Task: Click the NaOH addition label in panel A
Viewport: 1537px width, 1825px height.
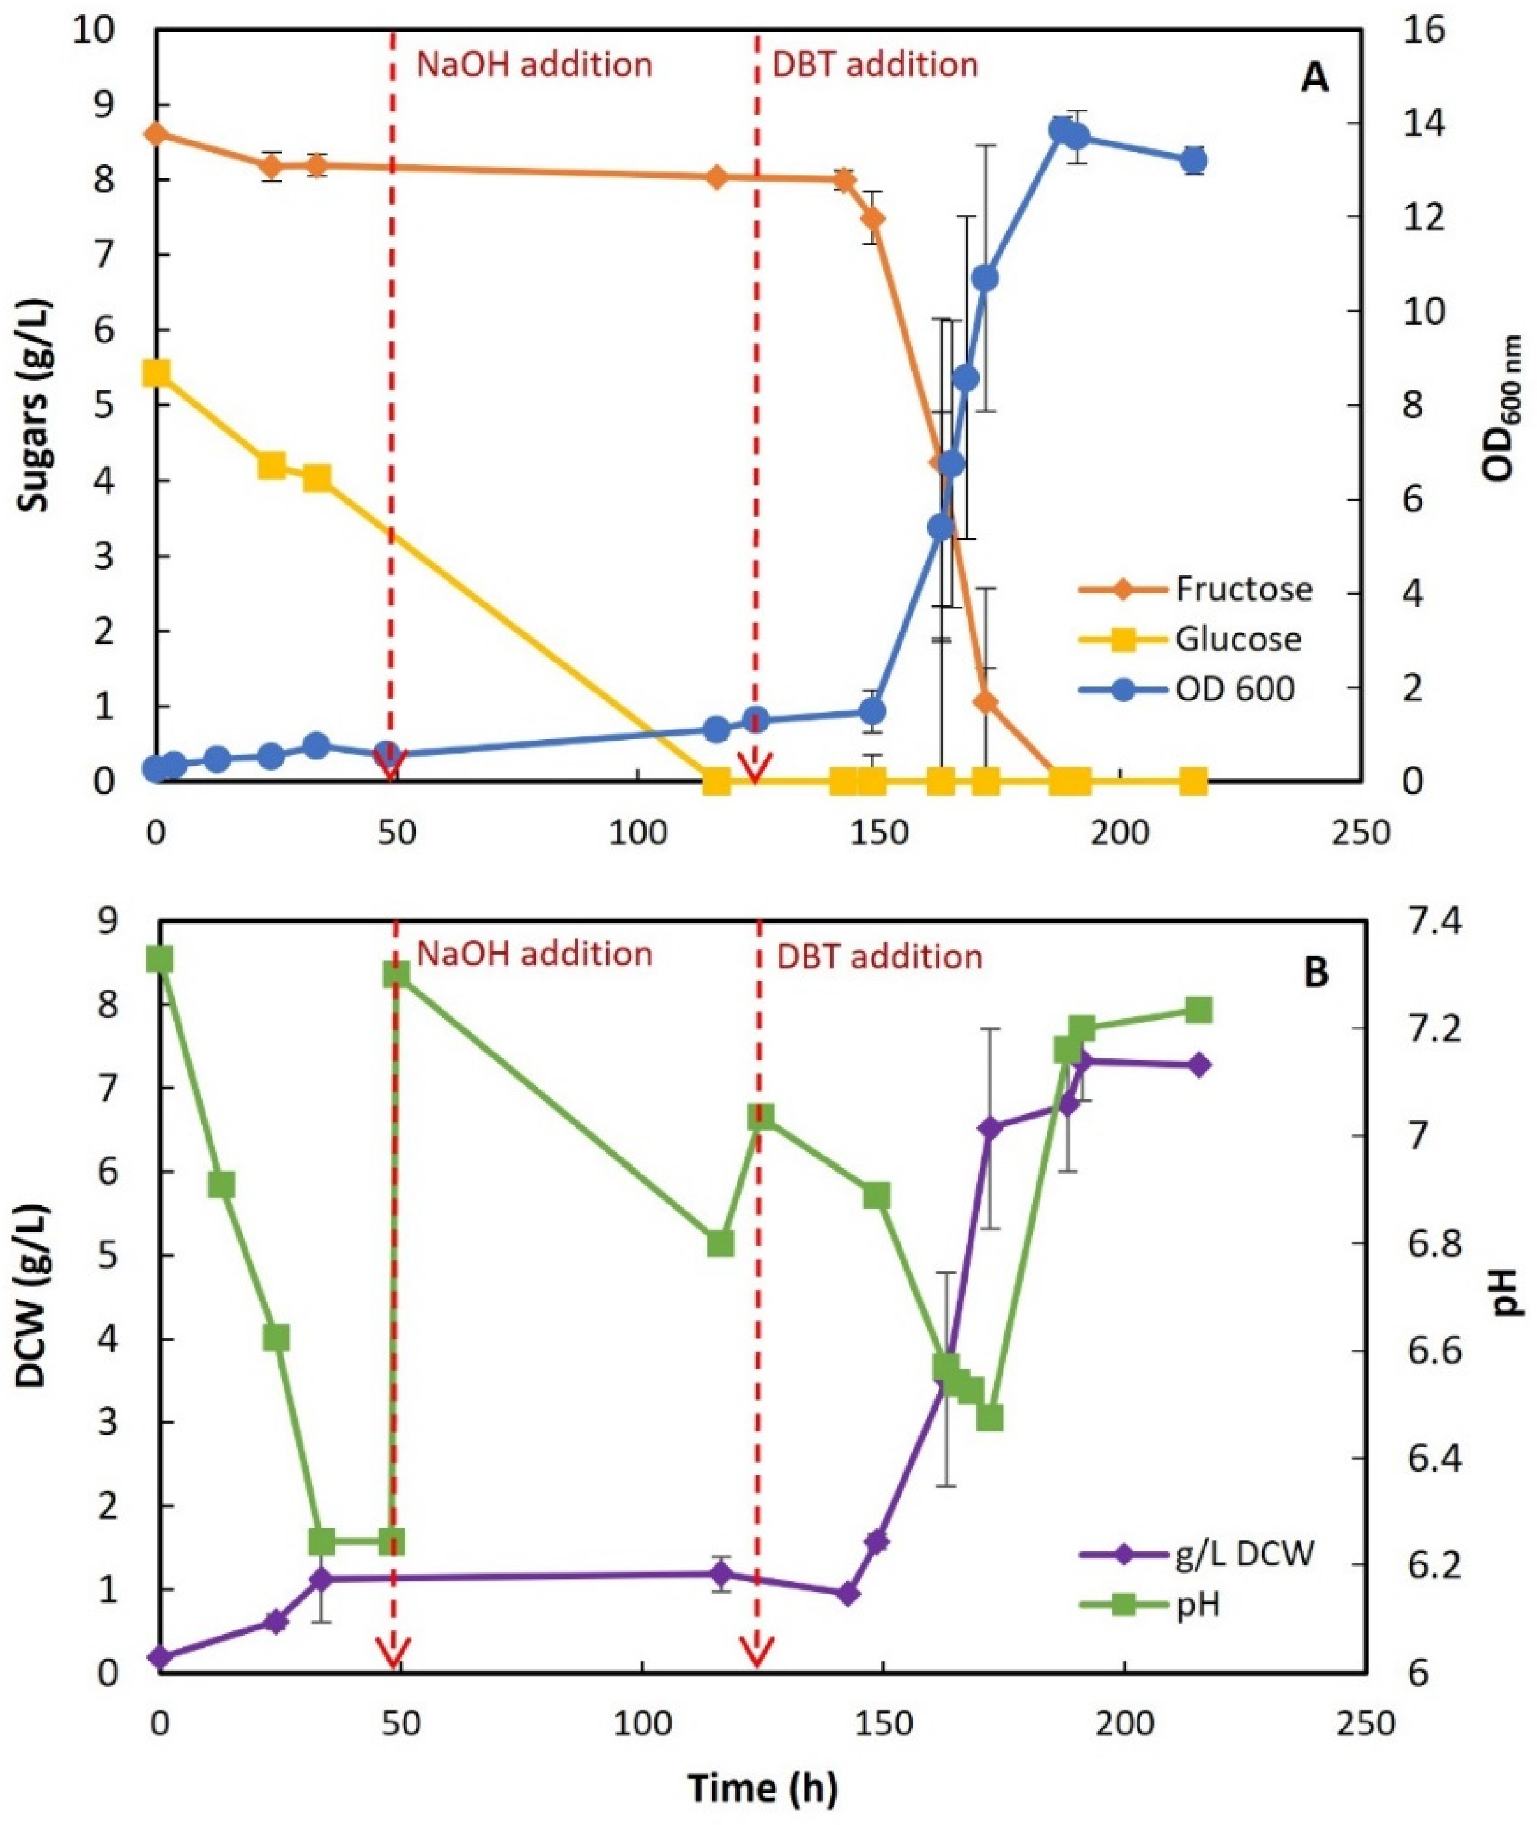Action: pyautogui.click(x=534, y=65)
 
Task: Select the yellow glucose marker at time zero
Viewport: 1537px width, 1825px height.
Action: pyautogui.click(x=156, y=373)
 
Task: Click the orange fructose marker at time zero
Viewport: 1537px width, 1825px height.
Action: pyautogui.click(x=156, y=134)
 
